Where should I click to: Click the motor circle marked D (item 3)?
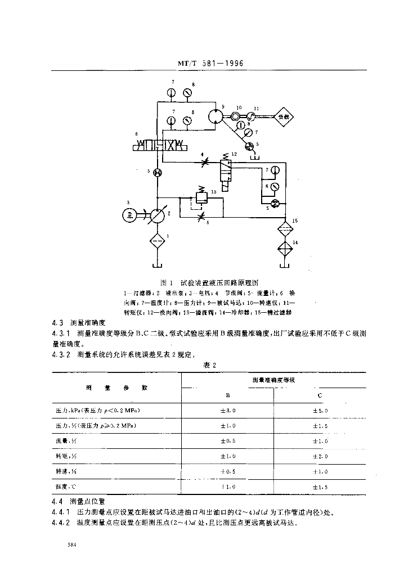click(131, 214)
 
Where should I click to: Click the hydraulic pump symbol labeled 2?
click(158, 215)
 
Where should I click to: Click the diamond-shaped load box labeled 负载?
click(284, 116)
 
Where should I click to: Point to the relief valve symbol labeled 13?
click(201, 197)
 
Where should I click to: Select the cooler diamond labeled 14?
click(286, 247)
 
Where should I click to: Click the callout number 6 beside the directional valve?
click(136, 133)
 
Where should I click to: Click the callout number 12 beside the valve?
click(234, 153)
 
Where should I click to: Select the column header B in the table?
click(228, 395)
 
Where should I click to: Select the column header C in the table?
click(320, 395)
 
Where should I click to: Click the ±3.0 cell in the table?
click(228, 411)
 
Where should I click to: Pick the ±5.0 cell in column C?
click(320, 411)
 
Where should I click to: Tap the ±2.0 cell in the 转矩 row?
click(320, 456)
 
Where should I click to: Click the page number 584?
click(71, 544)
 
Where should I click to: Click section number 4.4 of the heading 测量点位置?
click(56, 499)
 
